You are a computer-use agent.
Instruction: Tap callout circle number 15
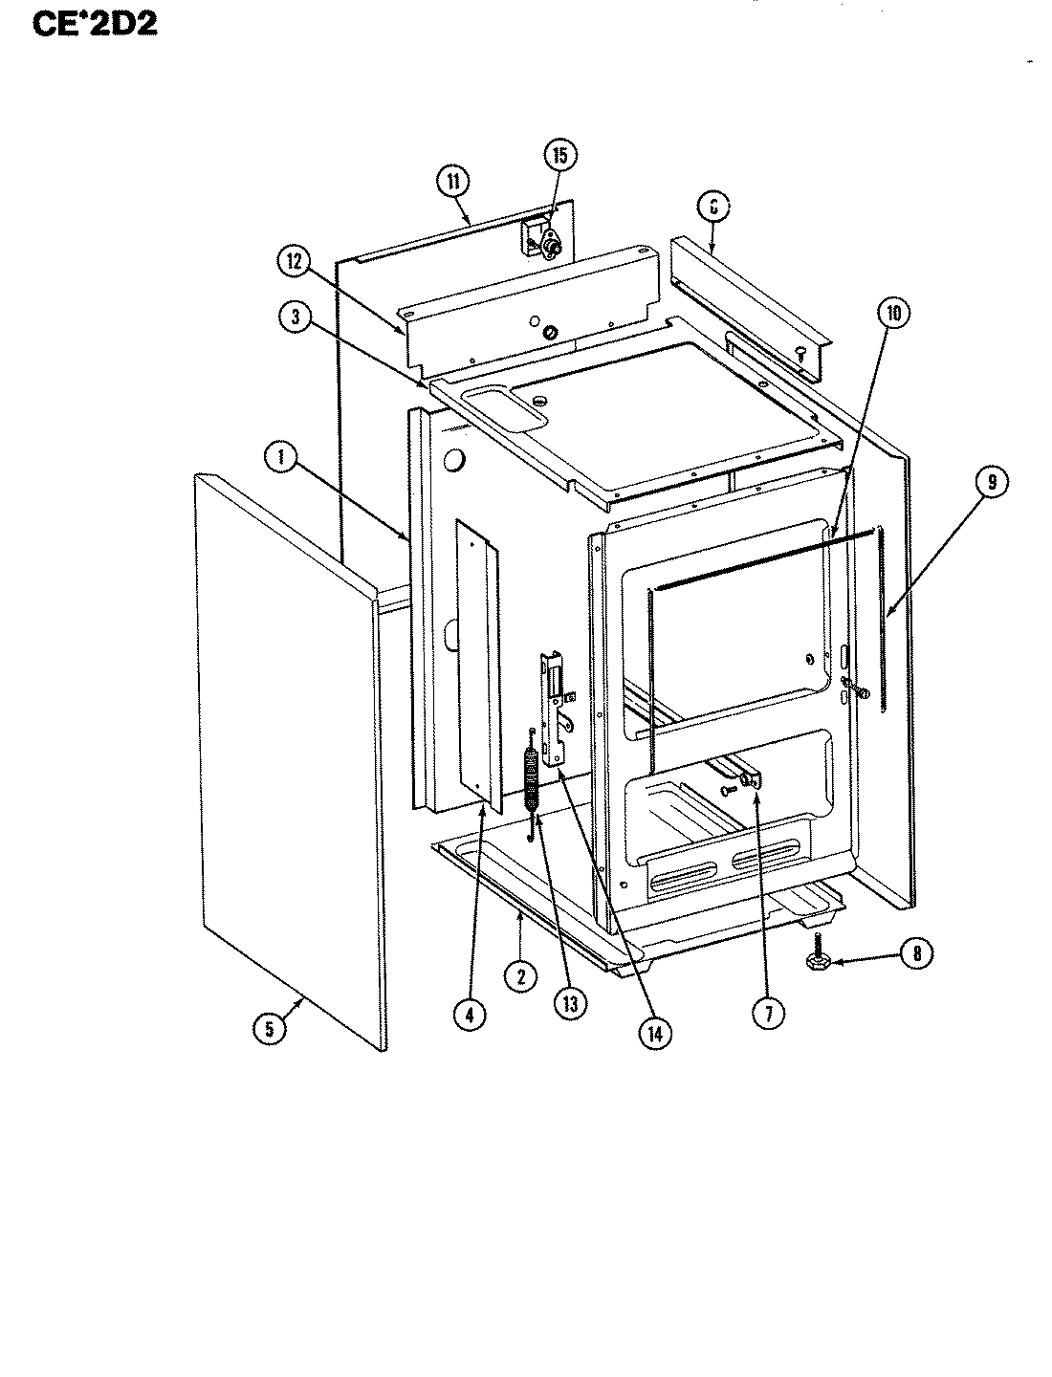560,156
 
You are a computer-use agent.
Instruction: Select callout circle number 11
452,181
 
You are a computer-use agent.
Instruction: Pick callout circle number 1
280,458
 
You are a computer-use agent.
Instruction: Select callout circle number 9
992,484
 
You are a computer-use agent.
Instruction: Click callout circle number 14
656,1033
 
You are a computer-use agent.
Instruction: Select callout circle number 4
468,1014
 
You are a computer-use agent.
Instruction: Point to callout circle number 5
269,1029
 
